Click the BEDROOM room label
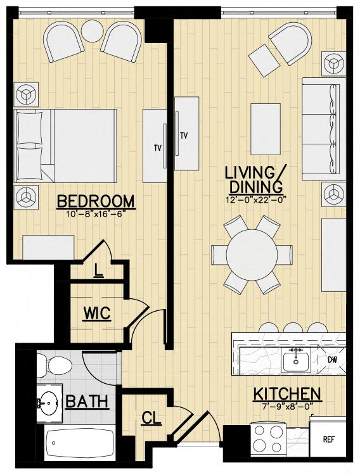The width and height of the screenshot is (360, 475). (x=96, y=201)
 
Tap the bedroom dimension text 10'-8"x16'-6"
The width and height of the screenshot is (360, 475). (x=96, y=214)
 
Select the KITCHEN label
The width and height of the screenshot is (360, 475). (x=287, y=394)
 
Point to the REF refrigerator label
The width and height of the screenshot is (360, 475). (x=328, y=440)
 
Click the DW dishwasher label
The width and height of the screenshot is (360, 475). (x=332, y=360)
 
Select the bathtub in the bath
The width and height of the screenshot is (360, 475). (x=80, y=443)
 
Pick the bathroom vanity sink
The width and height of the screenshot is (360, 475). (x=49, y=403)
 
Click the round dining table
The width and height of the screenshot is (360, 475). (x=252, y=255)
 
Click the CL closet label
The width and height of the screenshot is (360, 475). (x=151, y=419)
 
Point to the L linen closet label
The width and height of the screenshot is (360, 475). (x=98, y=270)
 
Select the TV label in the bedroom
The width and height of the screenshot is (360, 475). (x=157, y=148)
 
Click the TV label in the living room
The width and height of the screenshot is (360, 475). (x=184, y=136)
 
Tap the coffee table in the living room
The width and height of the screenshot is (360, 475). (x=266, y=129)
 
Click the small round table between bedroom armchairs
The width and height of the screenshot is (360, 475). (x=92, y=31)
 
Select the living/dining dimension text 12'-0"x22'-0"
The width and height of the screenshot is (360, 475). (x=256, y=200)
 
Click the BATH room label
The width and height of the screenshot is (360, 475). (x=87, y=402)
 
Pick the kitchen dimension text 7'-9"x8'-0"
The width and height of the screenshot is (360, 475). (x=286, y=406)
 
